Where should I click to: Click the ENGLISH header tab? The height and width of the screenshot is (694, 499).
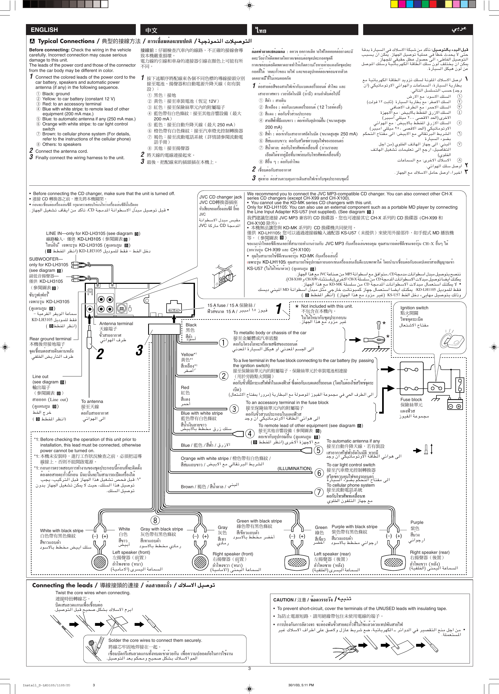44,30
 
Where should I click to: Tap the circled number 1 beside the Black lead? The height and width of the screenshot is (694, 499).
224,342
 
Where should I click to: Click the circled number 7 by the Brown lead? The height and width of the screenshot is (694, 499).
319,492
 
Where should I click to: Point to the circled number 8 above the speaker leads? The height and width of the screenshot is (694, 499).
155,520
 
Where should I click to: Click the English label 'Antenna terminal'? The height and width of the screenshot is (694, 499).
116,323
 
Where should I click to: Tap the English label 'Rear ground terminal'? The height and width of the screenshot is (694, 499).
50,339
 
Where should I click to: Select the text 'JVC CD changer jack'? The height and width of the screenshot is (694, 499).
220,197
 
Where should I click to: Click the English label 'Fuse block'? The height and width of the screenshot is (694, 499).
411,399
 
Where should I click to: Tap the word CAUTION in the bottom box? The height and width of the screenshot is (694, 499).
283,600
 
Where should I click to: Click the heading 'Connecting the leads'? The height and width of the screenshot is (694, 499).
62,585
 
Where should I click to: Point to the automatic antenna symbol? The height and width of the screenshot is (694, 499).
426,449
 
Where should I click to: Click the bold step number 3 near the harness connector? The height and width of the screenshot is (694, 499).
140,351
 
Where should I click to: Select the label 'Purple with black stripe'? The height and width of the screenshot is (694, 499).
354,527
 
